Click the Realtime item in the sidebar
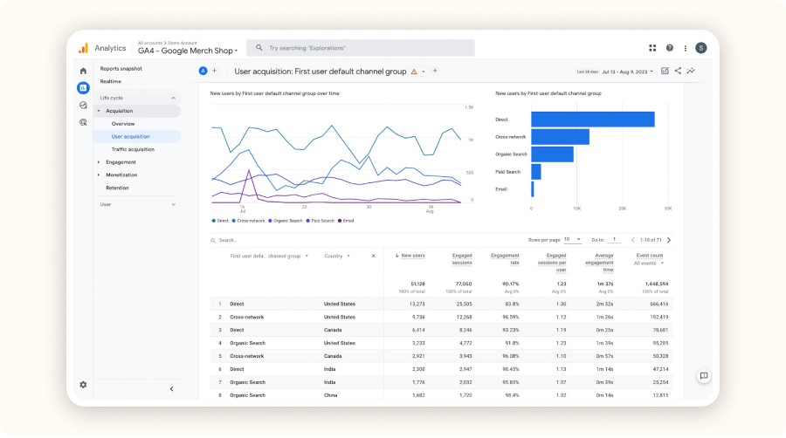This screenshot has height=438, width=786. [x=111, y=81]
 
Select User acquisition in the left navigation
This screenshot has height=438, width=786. [x=130, y=136]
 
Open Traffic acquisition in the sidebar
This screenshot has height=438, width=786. [x=133, y=149]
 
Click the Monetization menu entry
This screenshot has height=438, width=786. [x=121, y=175]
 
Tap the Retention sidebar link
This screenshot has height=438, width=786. [x=117, y=188]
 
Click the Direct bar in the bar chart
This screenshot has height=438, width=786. [x=592, y=120]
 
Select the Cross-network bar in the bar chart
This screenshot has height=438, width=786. [x=560, y=137]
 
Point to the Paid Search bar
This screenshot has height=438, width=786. [x=536, y=172]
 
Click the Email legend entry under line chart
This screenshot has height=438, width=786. [x=347, y=221]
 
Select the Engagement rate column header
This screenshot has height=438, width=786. [x=505, y=259]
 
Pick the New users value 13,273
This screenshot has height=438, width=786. [x=414, y=304]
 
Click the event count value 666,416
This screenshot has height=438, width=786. [x=658, y=304]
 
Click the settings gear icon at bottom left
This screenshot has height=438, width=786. [x=83, y=385]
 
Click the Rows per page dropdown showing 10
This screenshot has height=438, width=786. [x=572, y=239]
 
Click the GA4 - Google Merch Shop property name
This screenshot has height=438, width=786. [x=187, y=51]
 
